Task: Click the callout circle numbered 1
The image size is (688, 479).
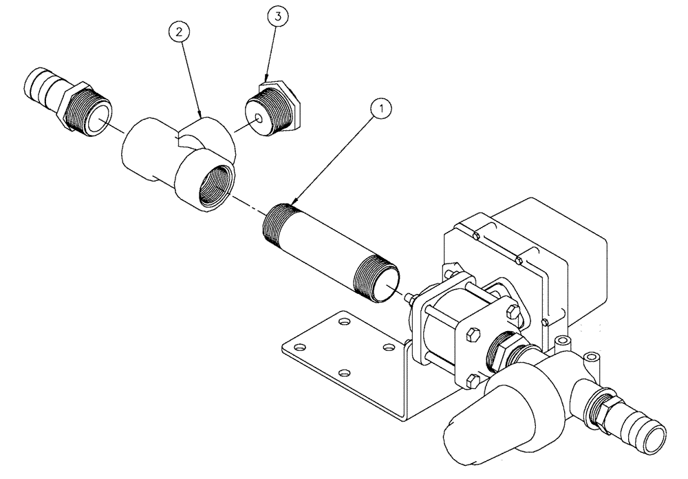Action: click(380, 108)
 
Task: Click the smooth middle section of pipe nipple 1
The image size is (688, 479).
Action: click(323, 249)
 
